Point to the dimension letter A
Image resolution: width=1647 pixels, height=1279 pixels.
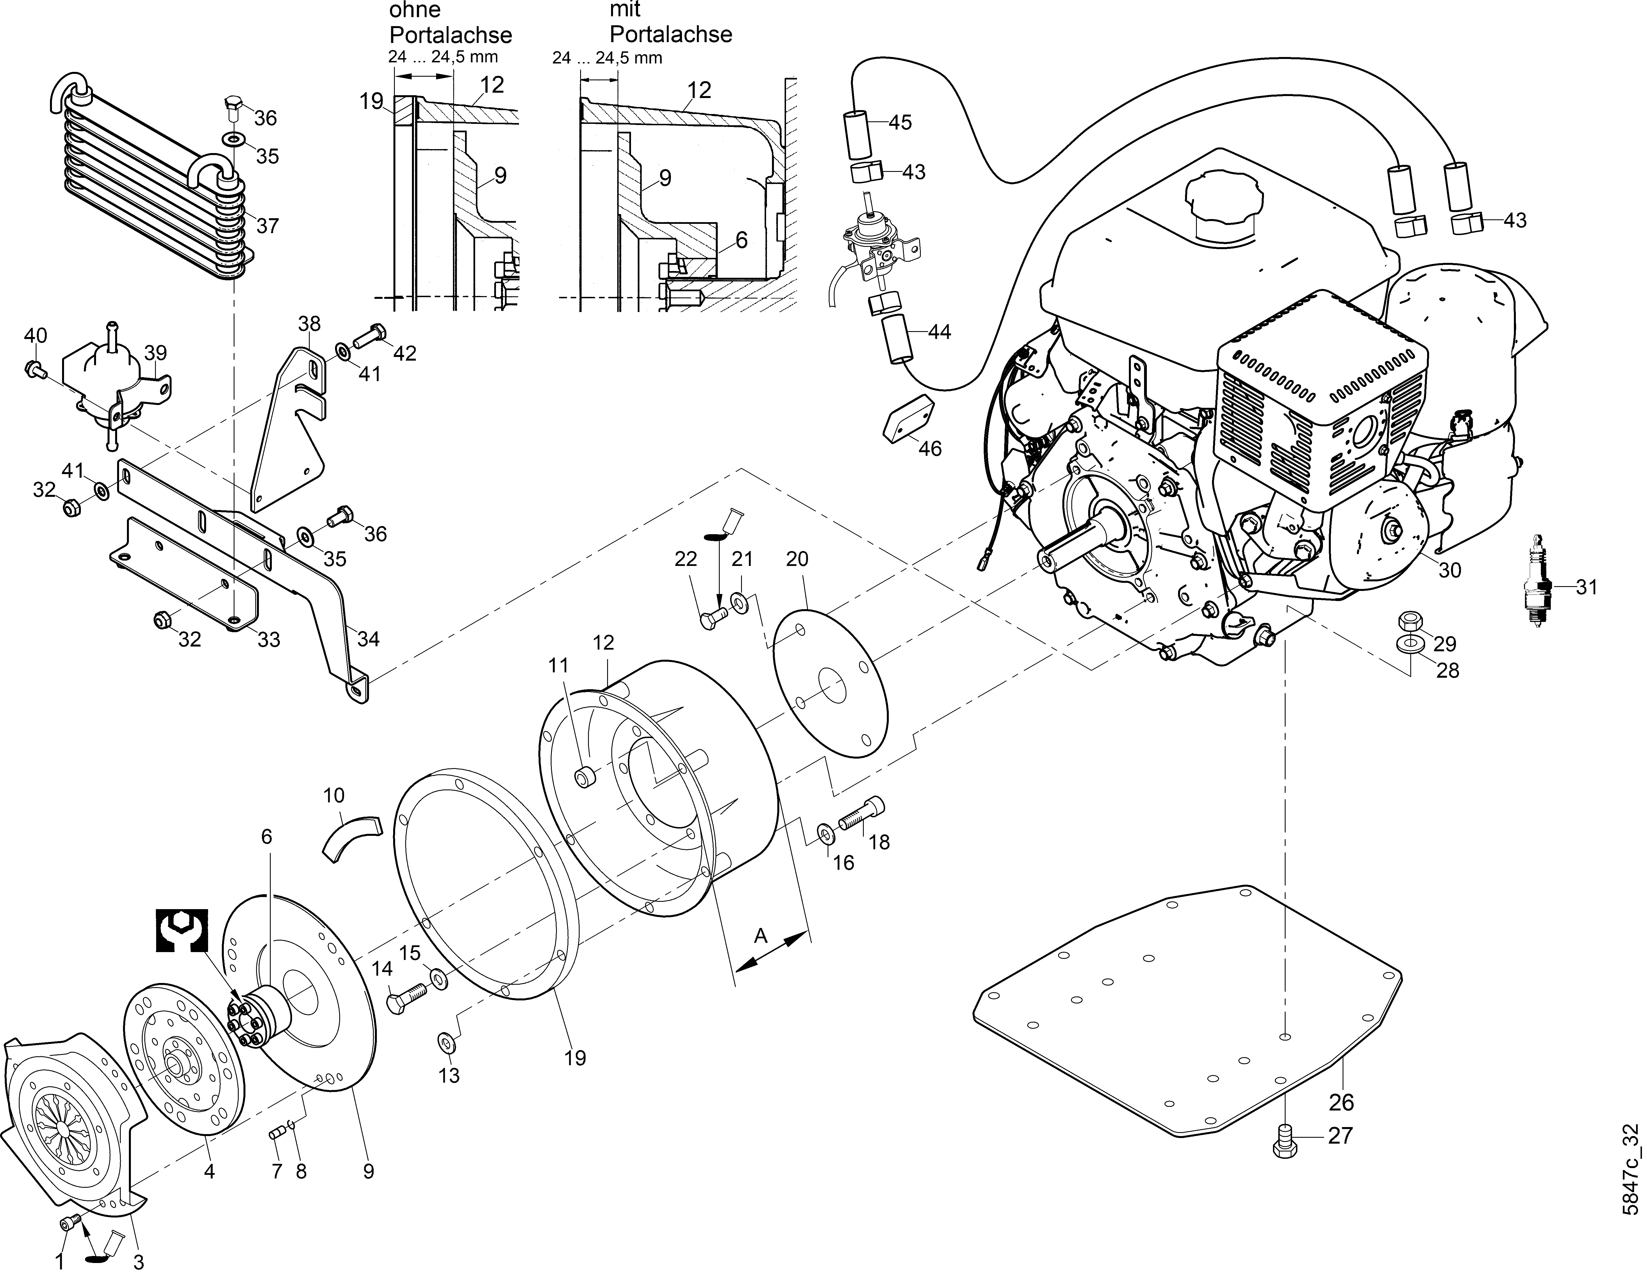tap(761, 936)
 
